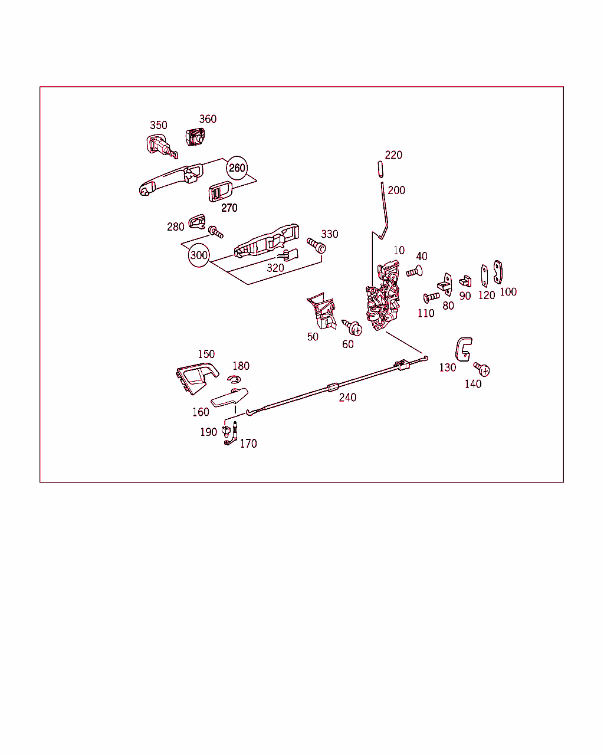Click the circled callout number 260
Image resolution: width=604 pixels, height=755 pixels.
[x=237, y=168]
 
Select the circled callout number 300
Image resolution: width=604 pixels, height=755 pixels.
[x=199, y=255]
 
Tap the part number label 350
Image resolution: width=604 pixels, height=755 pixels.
[x=159, y=125]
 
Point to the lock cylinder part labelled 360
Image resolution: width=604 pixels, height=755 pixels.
[x=195, y=137]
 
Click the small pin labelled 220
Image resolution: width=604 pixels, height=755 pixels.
[x=381, y=169]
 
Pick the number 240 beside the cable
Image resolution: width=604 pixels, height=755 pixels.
[x=347, y=398]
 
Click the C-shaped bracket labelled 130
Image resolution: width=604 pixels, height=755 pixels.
[x=463, y=349]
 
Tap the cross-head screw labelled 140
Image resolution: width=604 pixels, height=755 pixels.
[x=482, y=369]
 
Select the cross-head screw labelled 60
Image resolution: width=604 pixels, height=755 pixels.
[x=352, y=328]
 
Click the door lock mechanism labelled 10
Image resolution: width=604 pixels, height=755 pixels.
[x=383, y=296]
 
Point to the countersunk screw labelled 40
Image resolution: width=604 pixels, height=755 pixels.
[x=415, y=271]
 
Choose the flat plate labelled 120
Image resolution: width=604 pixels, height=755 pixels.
[x=484, y=276]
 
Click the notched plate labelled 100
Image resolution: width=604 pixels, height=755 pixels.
[x=498, y=272]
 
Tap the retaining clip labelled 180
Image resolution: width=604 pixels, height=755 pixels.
[x=234, y=379]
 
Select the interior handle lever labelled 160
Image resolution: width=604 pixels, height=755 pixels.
[x=229, y=398]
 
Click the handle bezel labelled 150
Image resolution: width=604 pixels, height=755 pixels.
[x=197, y=379]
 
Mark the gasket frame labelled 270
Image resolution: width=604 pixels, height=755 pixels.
[x=221, y=192]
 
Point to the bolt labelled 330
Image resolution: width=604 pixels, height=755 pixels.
[x=316, y=245]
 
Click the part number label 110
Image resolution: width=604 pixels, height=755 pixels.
[x=426, y=313]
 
